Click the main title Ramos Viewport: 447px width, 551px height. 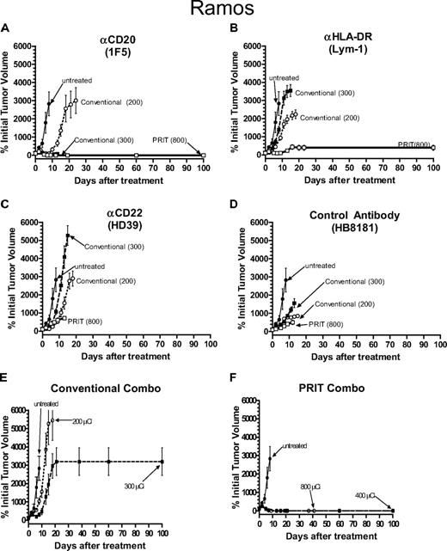tap(223, 11)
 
